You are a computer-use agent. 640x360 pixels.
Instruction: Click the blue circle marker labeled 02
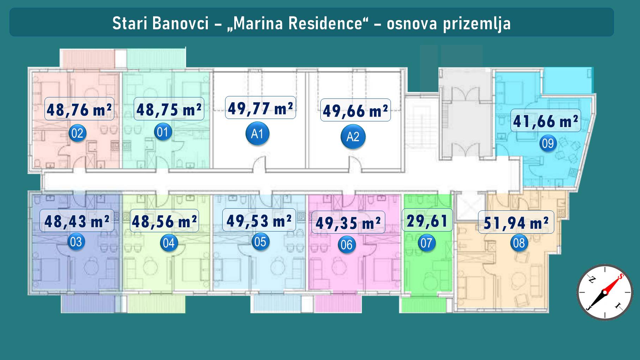point(77,133)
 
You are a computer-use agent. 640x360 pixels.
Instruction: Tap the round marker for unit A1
point(257,134)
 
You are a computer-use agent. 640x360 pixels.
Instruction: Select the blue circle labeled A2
point(353,137)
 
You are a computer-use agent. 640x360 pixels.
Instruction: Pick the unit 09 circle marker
point(548,143)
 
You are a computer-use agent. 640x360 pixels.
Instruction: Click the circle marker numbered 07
point(426,243)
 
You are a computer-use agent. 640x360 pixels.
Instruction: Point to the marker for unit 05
point(260,242)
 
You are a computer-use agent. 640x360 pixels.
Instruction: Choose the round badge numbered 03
point(76,242)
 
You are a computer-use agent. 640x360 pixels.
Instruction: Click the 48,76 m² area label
point(79,109)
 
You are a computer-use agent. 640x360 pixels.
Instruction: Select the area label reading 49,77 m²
point(260,108)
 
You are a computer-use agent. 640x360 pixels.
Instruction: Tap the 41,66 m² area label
point(545,121)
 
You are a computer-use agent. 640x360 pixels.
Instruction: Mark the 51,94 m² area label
point(516,222)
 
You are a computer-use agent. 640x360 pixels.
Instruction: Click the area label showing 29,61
point(427,220)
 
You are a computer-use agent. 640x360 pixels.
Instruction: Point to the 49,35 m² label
point(348,222)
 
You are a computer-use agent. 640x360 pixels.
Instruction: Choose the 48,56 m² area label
point(164,221)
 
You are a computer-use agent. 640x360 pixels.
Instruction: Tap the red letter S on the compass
point(621,276)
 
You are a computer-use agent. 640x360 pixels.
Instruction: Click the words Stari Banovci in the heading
point(161,24)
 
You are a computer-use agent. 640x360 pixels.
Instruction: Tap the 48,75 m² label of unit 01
point(169,109)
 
